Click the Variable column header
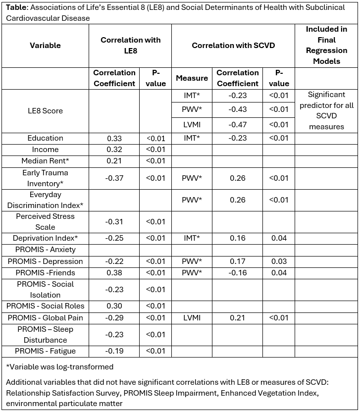pyautogui.click(x=45, y=45)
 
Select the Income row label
pyautogui.click(x=45, y=149)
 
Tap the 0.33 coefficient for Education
pyautogui.click(x=114, y=138)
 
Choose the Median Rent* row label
pyautogui.click(x=45, y=160)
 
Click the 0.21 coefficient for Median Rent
pyautogui.click(x=114, y=160)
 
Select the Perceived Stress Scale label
pyautogui.click(x=45, y=222)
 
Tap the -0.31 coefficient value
pyautogui.click(x=114, y=222)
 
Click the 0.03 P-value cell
pyautogui.click(x=279, y=261)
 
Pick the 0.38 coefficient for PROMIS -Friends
pyautogui.click(x=114, y=272)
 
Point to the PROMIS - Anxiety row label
pyautogui.click(x=45, y=250)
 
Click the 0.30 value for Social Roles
pyautogui.click(x=114, y=306)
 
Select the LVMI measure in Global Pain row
pyautogui.click(x=192, y=317)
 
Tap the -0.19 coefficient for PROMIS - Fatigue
pyautogui.click(x=114, y=351)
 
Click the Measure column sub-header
pyautogui.click(x=192, y=78)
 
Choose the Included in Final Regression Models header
pyautogui.click(x=326, y=45)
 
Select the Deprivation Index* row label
pyautogui.click(x=45, y=238)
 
